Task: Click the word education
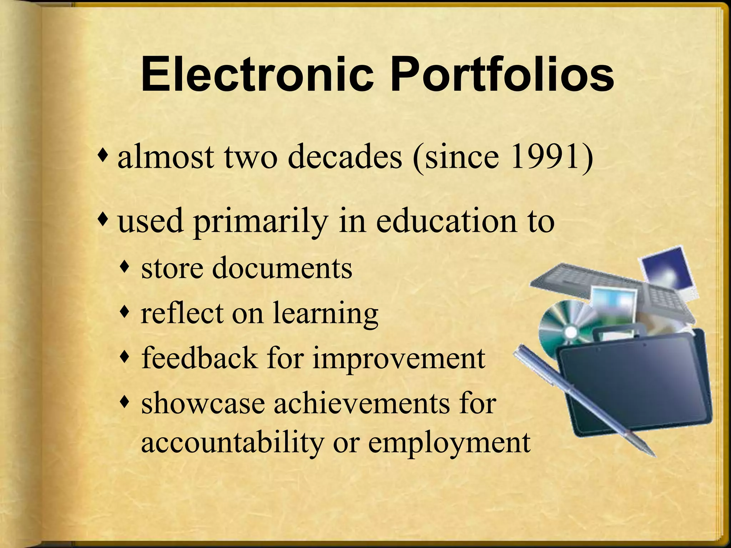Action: [x=444, y=220]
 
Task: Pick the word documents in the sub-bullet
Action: [x=282, y=268]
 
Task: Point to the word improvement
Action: [x=399, y=359]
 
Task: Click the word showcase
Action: [x=203, y=404]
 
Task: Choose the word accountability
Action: [x=232, y=443]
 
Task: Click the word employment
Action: [x=449, y=443]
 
